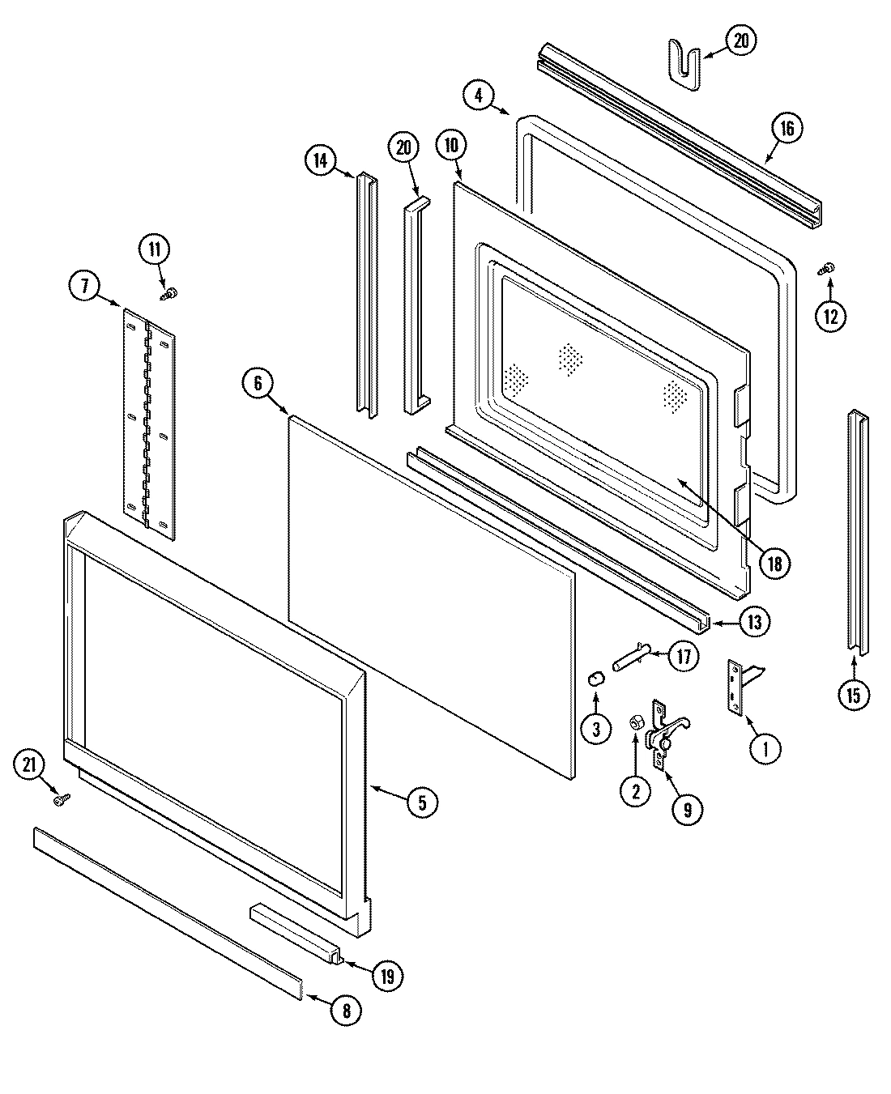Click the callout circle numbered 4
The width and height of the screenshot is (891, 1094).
(479, 96)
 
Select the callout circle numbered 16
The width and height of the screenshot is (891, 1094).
(787, 128)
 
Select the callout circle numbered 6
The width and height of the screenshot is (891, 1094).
(258, 383)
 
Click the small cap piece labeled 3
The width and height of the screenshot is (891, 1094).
(596, 678)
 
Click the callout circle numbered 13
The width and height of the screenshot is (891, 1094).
(753, 622)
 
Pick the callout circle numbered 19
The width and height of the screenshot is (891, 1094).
(387, 976)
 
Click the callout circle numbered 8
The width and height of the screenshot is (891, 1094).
(347, 1009)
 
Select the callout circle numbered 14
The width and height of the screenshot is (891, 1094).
(321, 160)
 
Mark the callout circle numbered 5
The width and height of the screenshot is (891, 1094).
(421, 802)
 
